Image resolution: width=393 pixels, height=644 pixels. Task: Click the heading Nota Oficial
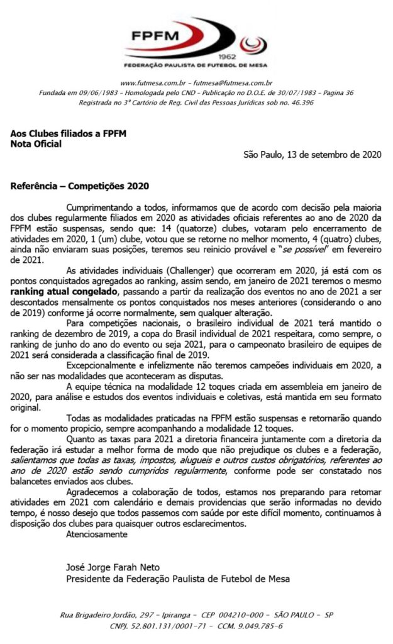(36, 143)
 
